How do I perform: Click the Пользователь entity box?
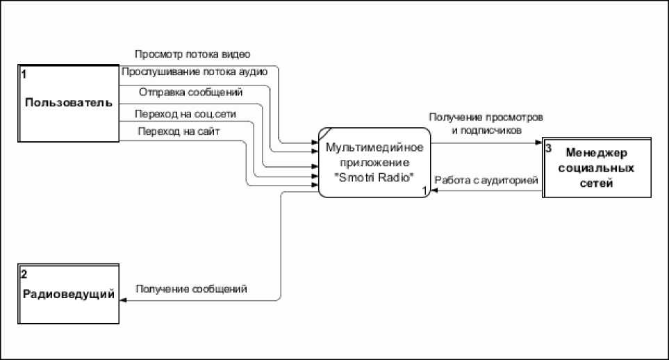[x=69, y=103]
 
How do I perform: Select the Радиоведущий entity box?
[x=69, y=294]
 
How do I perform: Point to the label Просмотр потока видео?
[x=192, y=54]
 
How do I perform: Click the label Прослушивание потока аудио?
[x=194, y=72]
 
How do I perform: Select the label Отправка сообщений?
[x=190, y=92]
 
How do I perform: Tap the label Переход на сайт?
[x=179, y=131]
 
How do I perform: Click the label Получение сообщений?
[x=192, y=288]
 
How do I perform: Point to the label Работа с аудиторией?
[x=486, y=181]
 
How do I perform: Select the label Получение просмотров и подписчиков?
[x=486, y=122]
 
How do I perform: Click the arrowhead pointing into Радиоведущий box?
[x=123, y=300]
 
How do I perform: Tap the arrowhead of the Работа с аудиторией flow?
[x=433, y=192]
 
